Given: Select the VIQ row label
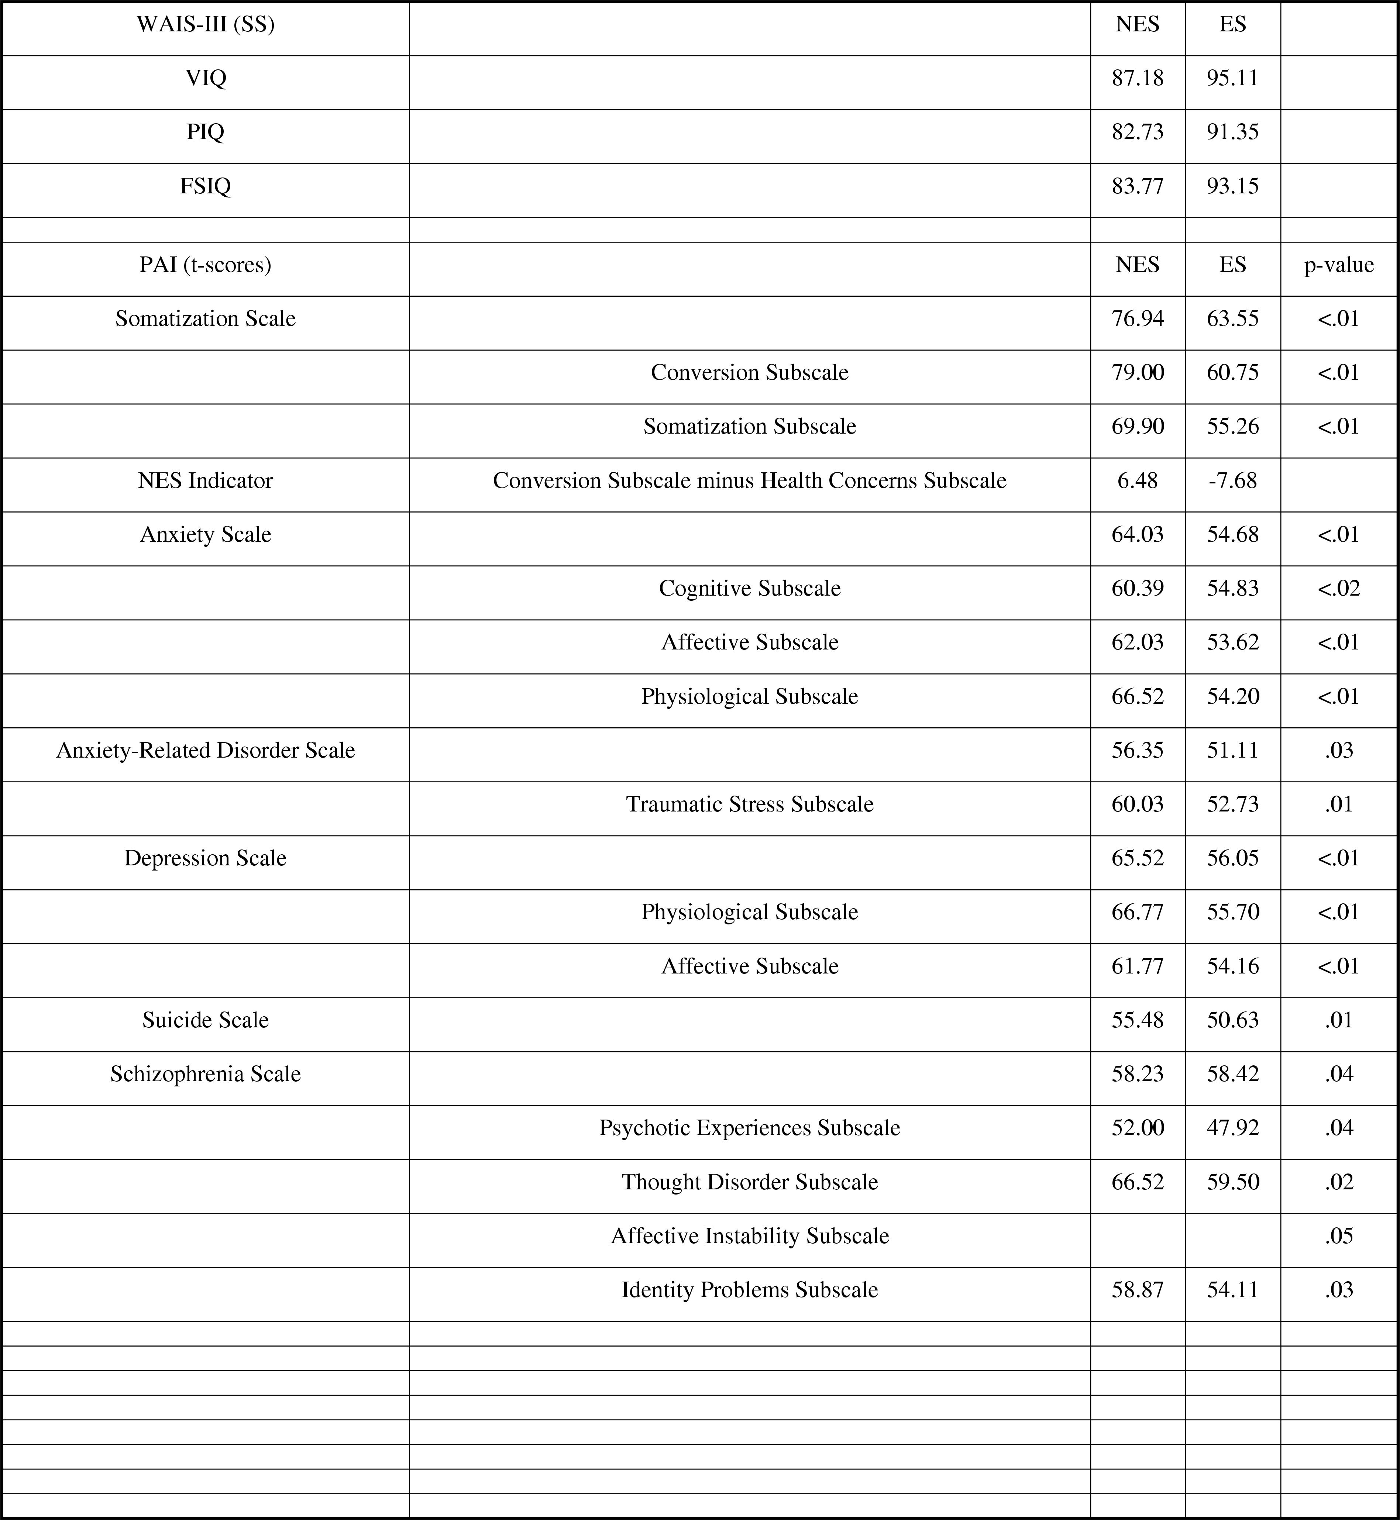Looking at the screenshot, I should (205, 78).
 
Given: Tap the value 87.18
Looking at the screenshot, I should (1137, 78).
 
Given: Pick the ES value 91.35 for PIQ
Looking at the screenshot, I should (1232, 132).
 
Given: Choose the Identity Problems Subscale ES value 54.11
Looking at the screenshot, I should (1232, 1290).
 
